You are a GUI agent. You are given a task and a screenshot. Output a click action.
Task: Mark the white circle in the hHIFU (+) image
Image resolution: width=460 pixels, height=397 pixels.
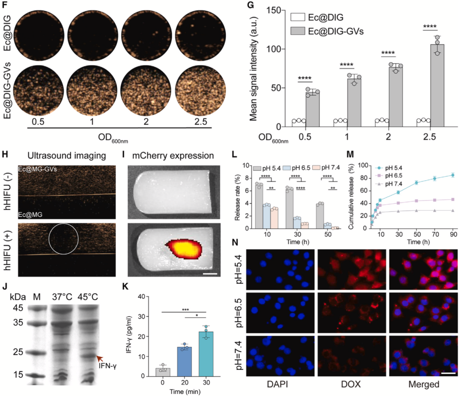64,238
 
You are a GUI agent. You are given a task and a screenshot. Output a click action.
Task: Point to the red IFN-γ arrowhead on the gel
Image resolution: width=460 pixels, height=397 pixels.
100,358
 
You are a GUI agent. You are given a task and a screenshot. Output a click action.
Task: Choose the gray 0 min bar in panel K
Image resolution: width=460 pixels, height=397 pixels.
163,372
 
